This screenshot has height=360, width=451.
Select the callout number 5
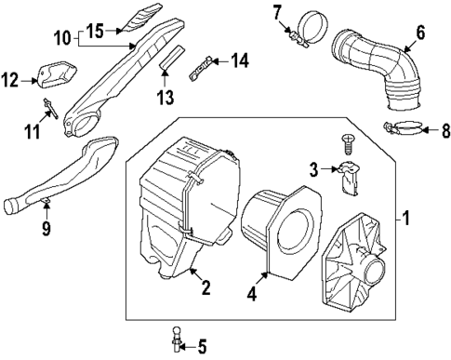[x=201, y=347]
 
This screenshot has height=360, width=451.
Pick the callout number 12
[x=11, y=81]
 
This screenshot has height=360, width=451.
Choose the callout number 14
[x=240, y=60]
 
